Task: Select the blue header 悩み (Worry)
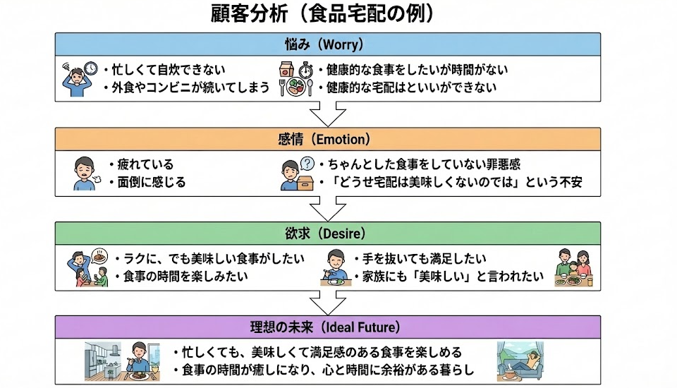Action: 330,44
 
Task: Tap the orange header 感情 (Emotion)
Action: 330,139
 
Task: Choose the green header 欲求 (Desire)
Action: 330,233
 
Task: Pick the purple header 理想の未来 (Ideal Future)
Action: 330,327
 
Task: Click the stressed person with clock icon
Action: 78,77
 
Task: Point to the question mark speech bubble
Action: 307,163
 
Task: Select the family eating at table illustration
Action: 573,267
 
